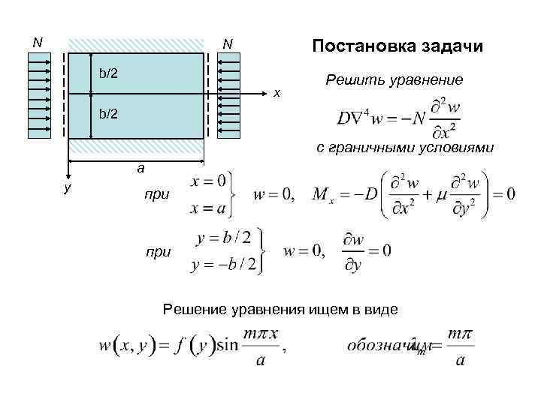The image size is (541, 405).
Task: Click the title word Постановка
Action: tap(358, 46)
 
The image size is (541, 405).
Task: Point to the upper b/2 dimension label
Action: tap(108, 73)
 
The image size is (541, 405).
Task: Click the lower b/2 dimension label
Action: tap(108, 114)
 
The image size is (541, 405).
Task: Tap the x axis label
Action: tap(277, 93)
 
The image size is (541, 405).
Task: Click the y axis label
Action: tap(67, 187)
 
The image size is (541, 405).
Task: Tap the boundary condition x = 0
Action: tap(210, 181)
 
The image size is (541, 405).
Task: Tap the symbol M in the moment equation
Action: tap(319, 196)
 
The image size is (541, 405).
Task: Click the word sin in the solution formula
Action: tap(227, 346)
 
